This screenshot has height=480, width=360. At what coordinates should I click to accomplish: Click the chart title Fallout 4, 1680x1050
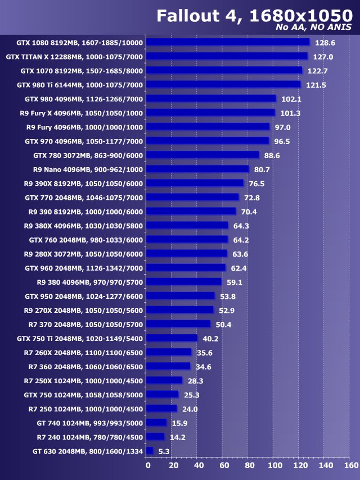click(x=254, y=16)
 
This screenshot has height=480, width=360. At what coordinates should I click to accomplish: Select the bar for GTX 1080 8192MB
click(x=228, y=42)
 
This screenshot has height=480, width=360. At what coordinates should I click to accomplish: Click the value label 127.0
click(x=323, y=57)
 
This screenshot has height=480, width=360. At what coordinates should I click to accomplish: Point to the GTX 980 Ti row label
click(x=80, y=85)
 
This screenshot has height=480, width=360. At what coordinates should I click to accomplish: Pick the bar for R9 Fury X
click(x=211, y=113)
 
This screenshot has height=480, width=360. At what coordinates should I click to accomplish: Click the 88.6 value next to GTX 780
click(x=270, y=155)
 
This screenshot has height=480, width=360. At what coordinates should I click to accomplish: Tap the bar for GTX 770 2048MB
click(x=192, y=198)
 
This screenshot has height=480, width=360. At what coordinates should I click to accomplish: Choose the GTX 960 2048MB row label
click(x=84, y=268)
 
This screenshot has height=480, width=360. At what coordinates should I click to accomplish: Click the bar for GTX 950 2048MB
click(x=181, y=296)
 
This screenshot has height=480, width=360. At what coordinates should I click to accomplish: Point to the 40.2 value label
click(x=210, y=338)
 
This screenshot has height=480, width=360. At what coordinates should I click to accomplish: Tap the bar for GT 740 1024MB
click(x=157, y=423)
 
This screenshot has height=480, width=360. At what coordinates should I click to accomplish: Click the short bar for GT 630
click(x=150, y=451)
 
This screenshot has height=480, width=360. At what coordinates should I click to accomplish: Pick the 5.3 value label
click(x=164, y=451)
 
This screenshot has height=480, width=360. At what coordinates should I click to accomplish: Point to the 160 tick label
click(x=350, y=465)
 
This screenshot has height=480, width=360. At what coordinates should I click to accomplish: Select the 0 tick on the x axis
click(x=148, y=465)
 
